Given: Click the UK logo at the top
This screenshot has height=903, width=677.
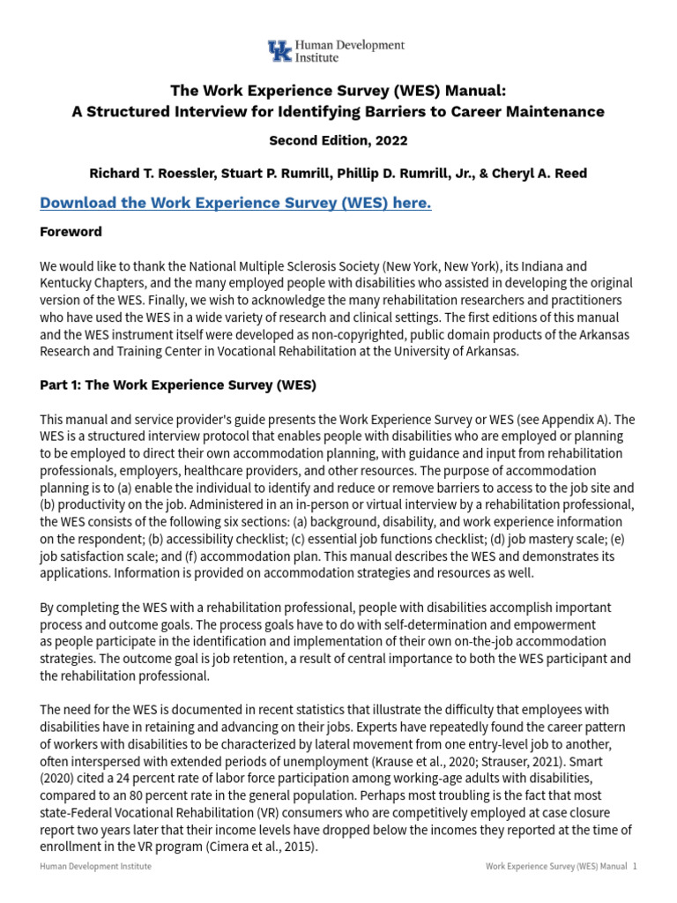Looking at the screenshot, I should [x=280, y=51].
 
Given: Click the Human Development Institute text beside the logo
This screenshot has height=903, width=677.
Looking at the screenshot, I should [x=349, y=51].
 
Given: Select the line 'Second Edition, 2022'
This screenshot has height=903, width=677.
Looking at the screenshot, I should [x=338, y=140].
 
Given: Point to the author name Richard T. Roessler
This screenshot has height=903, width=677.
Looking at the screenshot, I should [x=153, y=173].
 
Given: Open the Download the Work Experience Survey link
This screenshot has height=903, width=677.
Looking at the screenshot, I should [x=235, y=204].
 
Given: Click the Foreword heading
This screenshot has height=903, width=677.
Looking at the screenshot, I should [x=71, y=232].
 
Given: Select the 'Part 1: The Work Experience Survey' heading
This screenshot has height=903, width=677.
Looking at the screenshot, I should [x=177, y=385].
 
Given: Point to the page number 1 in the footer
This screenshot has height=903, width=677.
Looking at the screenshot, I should [x=634, y=867].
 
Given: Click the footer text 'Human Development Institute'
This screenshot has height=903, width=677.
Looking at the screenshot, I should [x=95, y=867].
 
